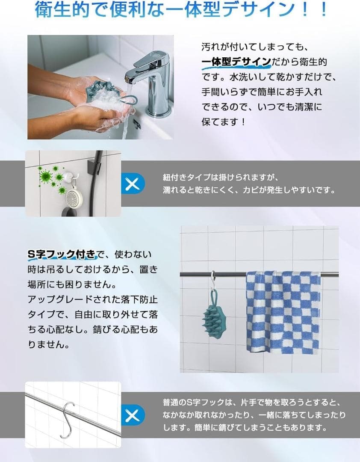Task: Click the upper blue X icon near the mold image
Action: coord(133,184)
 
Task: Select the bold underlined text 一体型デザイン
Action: coord(236,62)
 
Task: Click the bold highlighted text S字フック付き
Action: coord(62,255)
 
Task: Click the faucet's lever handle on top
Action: coord(152,58)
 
